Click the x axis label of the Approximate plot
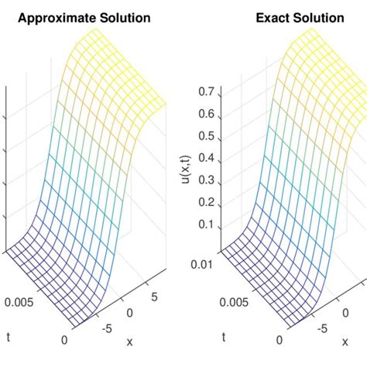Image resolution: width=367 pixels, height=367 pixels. pos(130,341)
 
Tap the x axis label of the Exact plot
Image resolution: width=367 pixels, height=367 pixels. pos(345,341)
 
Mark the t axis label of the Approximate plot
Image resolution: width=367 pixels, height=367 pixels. pos(9,338)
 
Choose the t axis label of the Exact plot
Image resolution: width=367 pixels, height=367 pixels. pos(223,338)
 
